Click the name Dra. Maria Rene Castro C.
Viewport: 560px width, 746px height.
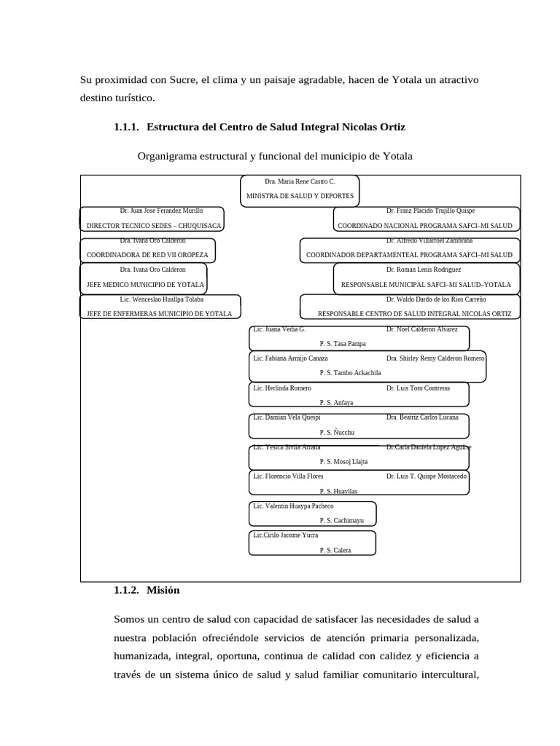[x=300, y=181]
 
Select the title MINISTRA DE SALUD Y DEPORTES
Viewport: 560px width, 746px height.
[x=300, y=196]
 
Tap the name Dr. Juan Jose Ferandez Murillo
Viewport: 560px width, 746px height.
[x=161, y=211]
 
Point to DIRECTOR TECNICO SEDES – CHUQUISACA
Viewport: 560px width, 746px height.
[x=154, y=226]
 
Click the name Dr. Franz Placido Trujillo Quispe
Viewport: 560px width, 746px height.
[x=430, y=211]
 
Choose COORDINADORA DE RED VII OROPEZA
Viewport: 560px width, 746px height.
[x=147, y=255]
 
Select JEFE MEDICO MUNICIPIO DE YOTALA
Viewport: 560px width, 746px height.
[x=146, y=284]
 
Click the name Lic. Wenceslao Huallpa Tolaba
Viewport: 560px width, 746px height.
[x=162, y=299]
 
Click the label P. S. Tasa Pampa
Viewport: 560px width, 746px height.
[x=343, y=343]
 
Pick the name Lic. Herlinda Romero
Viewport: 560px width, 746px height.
[x=282, y=388]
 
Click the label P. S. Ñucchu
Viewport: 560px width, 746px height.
[x=336, y=432]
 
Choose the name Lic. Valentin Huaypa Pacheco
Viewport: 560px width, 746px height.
[x=293, y=506]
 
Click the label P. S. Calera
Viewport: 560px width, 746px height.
[x=335, y=550]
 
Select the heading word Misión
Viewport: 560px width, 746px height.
[x=163, y=590]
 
